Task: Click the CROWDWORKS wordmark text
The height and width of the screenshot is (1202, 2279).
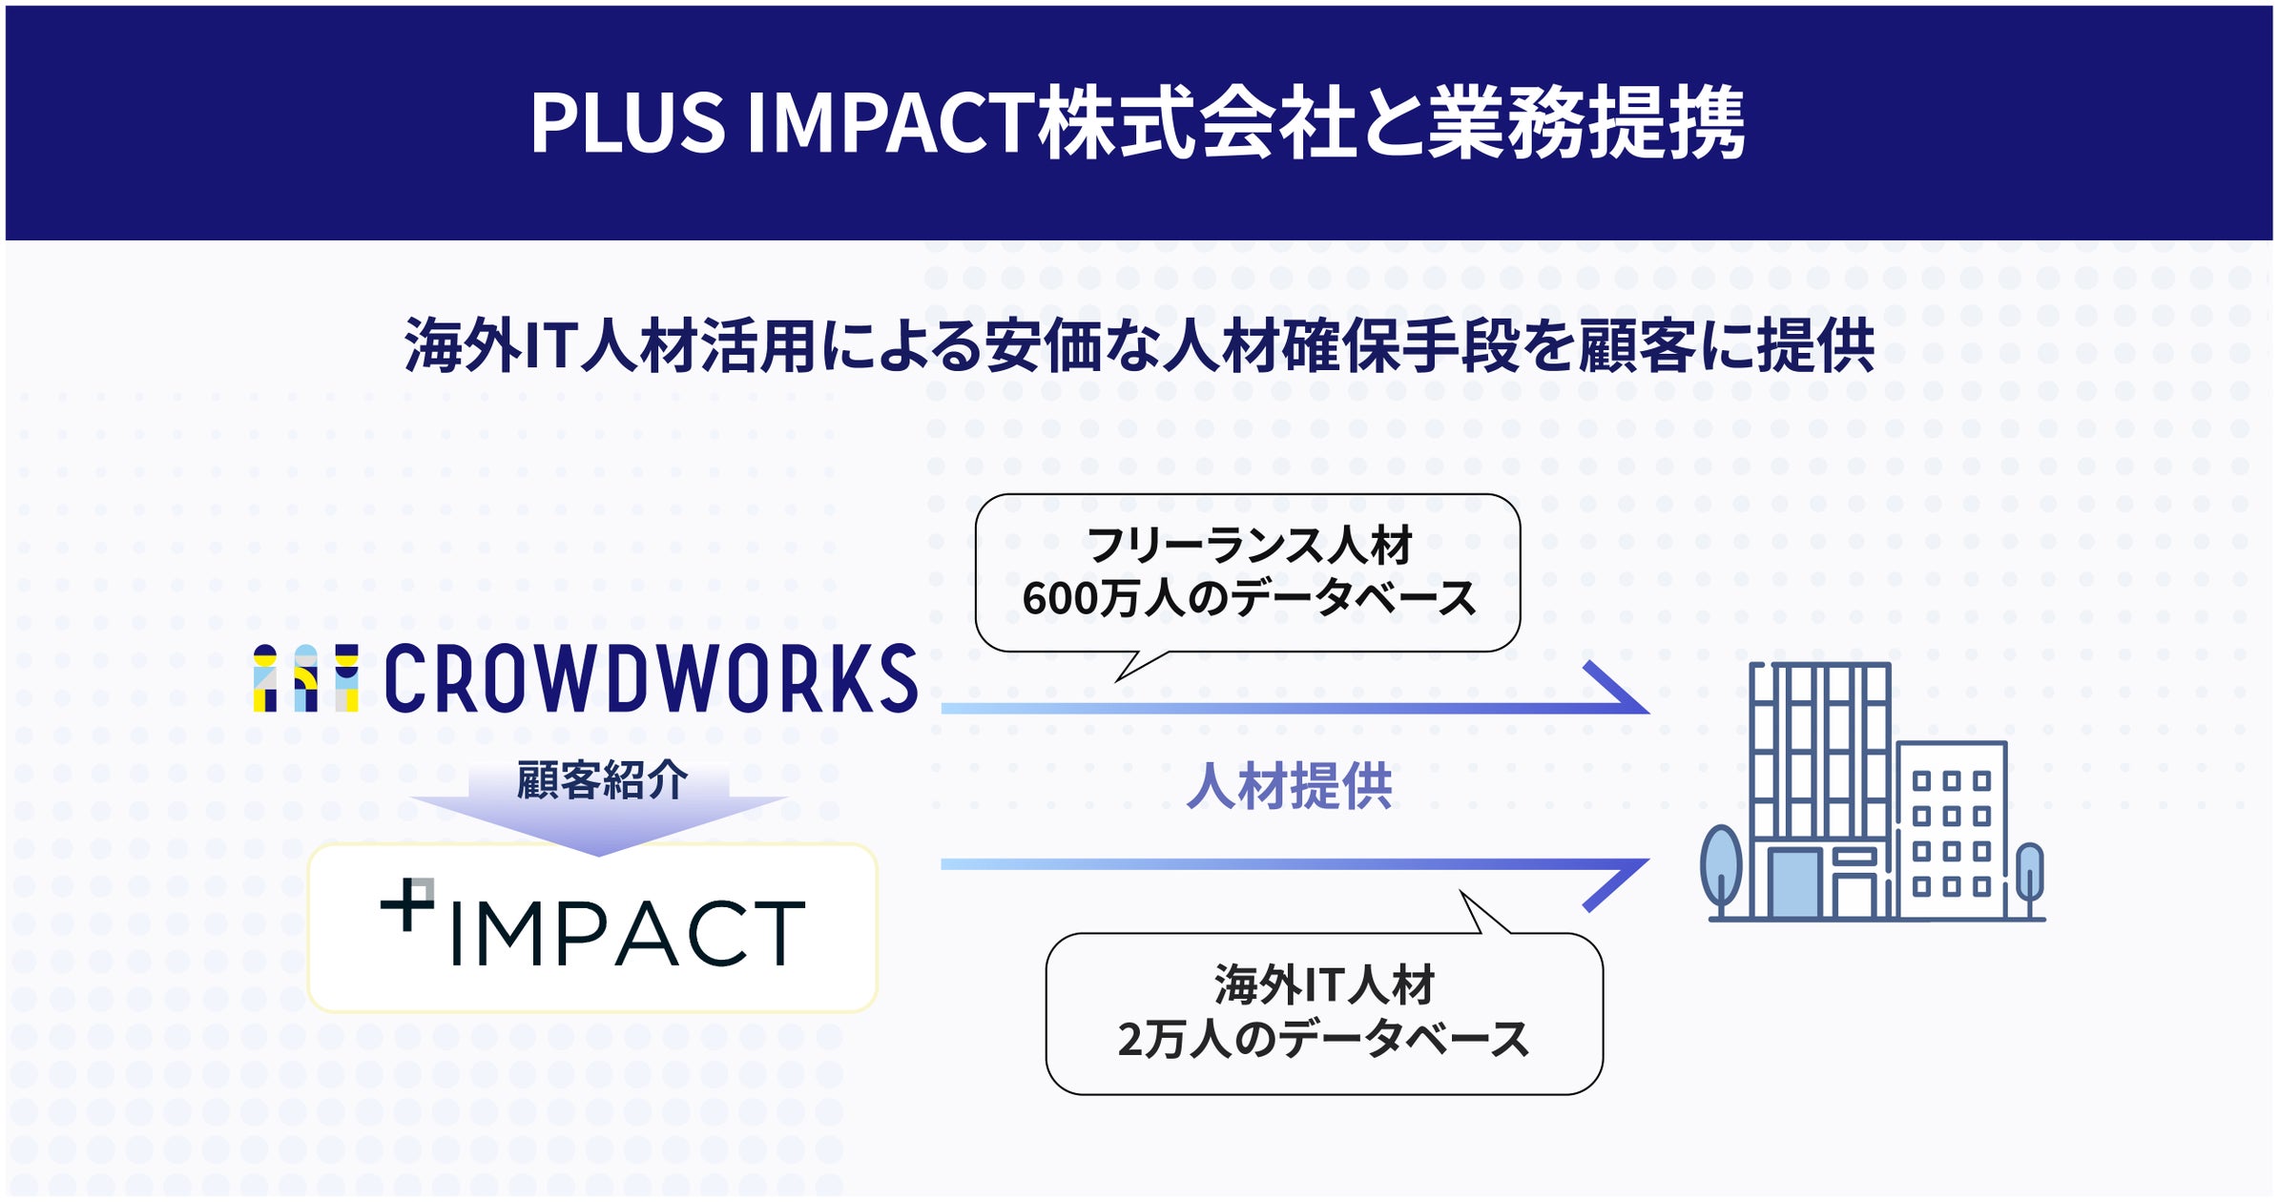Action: click(x=651, y=678)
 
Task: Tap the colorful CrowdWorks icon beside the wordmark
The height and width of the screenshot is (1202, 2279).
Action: click(x=305, y=678)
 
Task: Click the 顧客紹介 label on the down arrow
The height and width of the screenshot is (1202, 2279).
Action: click(x=601, y=781)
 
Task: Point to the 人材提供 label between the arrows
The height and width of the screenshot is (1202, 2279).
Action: click(x=1289, y=787)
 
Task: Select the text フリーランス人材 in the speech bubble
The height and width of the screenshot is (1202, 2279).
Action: click(x=1250, y=547)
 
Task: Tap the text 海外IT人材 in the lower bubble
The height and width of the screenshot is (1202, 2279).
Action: click(x=1324, y=985)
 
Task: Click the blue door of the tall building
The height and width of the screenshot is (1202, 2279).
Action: click(x=1794, y=882)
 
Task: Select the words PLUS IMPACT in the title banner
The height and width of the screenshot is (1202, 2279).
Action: click(x=782, y=123)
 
